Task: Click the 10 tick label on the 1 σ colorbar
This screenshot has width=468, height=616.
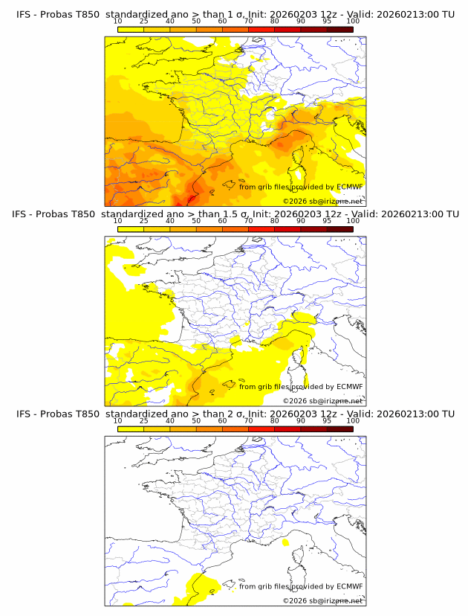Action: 117,21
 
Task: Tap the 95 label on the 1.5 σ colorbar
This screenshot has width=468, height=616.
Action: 327,221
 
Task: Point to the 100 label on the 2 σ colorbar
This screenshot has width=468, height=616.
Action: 353,420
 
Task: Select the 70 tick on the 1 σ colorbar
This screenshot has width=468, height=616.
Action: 248,21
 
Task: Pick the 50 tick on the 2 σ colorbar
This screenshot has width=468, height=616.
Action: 196,420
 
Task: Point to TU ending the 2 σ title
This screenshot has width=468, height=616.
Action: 449,414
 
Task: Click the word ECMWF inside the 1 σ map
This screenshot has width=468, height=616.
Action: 349,187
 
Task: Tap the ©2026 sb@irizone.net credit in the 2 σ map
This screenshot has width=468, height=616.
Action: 322,600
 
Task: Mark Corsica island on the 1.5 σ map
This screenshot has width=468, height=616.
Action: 301,363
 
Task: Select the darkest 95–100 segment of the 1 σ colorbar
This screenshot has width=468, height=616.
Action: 339,28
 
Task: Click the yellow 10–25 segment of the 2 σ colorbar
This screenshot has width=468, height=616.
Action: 130,428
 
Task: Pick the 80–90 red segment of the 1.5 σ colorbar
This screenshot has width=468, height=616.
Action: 287,228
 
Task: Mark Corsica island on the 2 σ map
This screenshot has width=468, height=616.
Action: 301,562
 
